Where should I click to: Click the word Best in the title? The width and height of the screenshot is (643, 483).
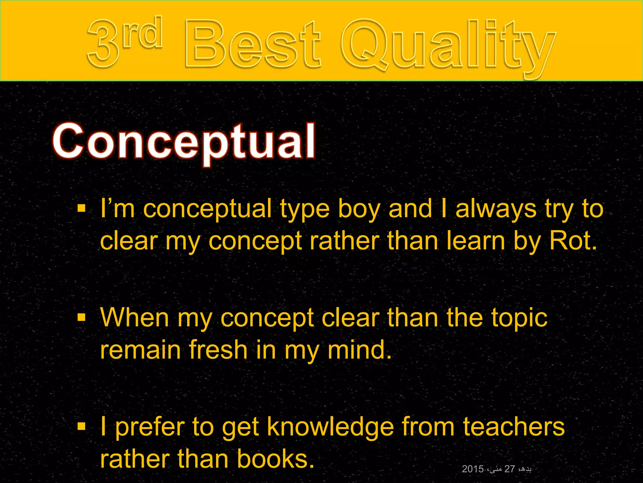(253, 44)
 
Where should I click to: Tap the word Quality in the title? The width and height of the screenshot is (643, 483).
(447, 46)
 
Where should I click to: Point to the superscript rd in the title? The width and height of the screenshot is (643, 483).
(143, 33)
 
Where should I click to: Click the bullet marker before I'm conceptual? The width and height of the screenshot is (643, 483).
(81, 208)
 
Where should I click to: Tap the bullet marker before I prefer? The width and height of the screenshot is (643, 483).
(81, 426)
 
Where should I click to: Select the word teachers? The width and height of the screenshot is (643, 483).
(514, 427)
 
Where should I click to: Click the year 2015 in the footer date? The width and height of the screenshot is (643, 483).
(473, 469)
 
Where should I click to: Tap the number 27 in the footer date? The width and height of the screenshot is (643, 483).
(510, 469)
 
